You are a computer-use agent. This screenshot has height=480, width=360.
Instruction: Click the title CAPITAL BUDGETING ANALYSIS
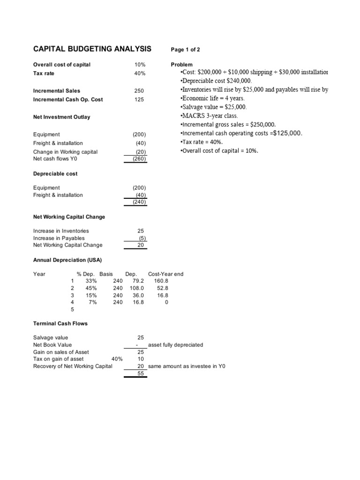(x=92, y=49)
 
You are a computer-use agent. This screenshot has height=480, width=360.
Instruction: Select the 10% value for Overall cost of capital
(x=140, y=65)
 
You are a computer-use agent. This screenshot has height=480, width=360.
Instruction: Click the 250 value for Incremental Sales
(x=140, y=90)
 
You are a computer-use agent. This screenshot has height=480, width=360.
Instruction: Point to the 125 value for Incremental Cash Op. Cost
(x=140, y=99)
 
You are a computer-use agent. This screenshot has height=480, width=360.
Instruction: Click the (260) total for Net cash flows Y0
(x=139, y=159)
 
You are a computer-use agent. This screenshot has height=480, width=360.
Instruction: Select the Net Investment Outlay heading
(x=62, y=117)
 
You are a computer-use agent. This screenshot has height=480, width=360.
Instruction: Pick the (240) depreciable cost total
(x=139, y=202)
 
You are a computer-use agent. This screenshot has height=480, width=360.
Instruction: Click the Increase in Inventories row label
(x=61, y=231)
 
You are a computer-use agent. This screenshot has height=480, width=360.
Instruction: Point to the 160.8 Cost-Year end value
(x=161, y=281)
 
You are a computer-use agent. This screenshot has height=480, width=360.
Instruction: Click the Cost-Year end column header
(x=165, y=274)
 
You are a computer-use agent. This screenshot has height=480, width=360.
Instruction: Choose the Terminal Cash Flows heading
(x=60, y=323)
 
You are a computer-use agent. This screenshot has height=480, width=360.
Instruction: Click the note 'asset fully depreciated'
(x=175, y=345)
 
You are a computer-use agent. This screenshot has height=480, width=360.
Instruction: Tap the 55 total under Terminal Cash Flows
(x=141, y=374)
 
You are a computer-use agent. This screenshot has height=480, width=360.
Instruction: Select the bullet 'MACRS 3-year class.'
(x=209, y=115)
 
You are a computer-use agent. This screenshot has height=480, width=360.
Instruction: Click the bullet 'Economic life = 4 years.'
(x=212, y=98)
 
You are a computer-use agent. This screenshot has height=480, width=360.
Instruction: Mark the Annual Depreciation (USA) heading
(x=67, y=260)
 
